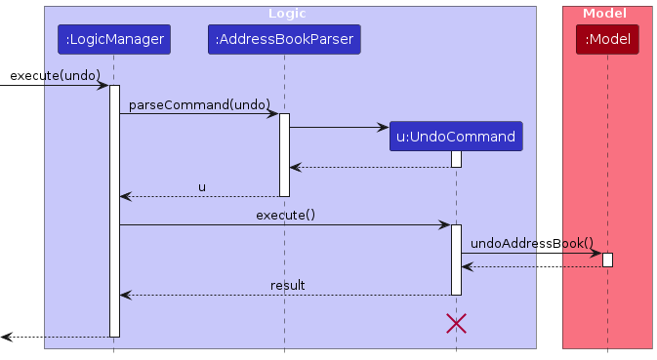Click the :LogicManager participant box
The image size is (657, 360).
113,40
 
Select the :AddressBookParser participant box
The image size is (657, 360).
284,40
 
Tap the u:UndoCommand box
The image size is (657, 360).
455,137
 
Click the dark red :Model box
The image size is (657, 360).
607,40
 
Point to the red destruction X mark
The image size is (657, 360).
455,323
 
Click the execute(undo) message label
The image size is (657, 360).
55,75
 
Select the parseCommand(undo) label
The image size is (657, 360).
199,103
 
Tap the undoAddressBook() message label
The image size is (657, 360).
532,242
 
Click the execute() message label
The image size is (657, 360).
285,214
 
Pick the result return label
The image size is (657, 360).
288,285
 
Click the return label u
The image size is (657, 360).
202,186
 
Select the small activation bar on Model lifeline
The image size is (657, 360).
607,260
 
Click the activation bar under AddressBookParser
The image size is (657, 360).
284,154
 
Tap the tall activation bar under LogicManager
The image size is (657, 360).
113,210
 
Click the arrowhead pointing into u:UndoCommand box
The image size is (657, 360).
384,127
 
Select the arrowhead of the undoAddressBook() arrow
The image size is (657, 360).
596,253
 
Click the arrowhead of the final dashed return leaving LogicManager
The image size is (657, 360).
6,337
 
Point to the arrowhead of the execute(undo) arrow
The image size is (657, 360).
103,86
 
